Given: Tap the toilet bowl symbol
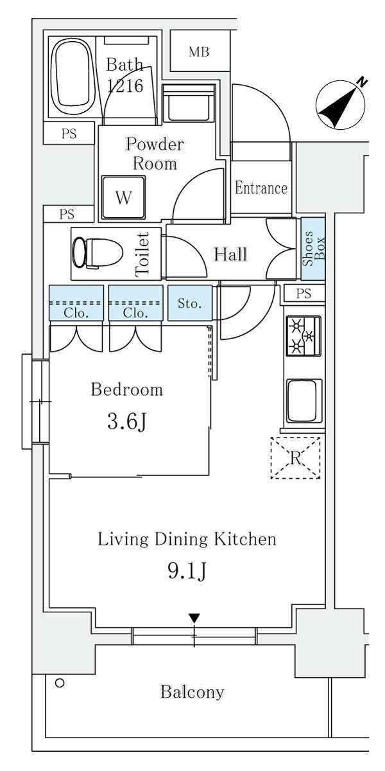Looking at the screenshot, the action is pyautogui.click(x=98, y=253).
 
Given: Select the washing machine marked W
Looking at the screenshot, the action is pyautogui.click(x=124, y=197).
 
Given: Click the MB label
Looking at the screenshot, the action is pyautogui.click(x=199, y=52).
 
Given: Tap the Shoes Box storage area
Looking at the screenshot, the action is pyautogui.click(x=313, y=249).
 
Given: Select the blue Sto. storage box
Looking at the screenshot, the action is pyautogui.click(x=190, y=303).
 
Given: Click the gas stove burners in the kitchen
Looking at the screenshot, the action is pyautogui.click(x=303, y=336).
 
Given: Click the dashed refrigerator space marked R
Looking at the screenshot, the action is pyautogui.click(x=295, y=457).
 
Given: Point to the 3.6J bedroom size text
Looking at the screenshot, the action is pyautogui.click(x=127, y=422).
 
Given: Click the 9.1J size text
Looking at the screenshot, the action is pyautogui.click(x=187, y=571).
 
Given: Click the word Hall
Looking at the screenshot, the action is pyautogui.click(x=230, y=254).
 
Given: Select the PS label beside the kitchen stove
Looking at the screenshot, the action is pyautogui.click(x=304, y=293).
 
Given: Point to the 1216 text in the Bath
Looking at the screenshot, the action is pyautogui.click(x=124, y=85).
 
